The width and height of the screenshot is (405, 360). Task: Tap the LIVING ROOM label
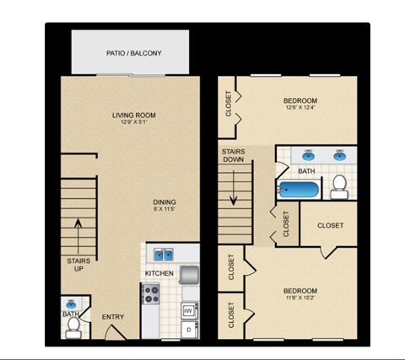pos(133,115)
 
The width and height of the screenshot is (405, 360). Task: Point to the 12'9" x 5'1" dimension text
pos(133,123)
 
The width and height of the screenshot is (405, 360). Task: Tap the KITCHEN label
pos(159,273)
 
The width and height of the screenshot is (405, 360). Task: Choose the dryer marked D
pos(188,330)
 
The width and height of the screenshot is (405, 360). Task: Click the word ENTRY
pos(113,317)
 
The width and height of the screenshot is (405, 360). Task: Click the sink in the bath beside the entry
pos(72,304)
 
